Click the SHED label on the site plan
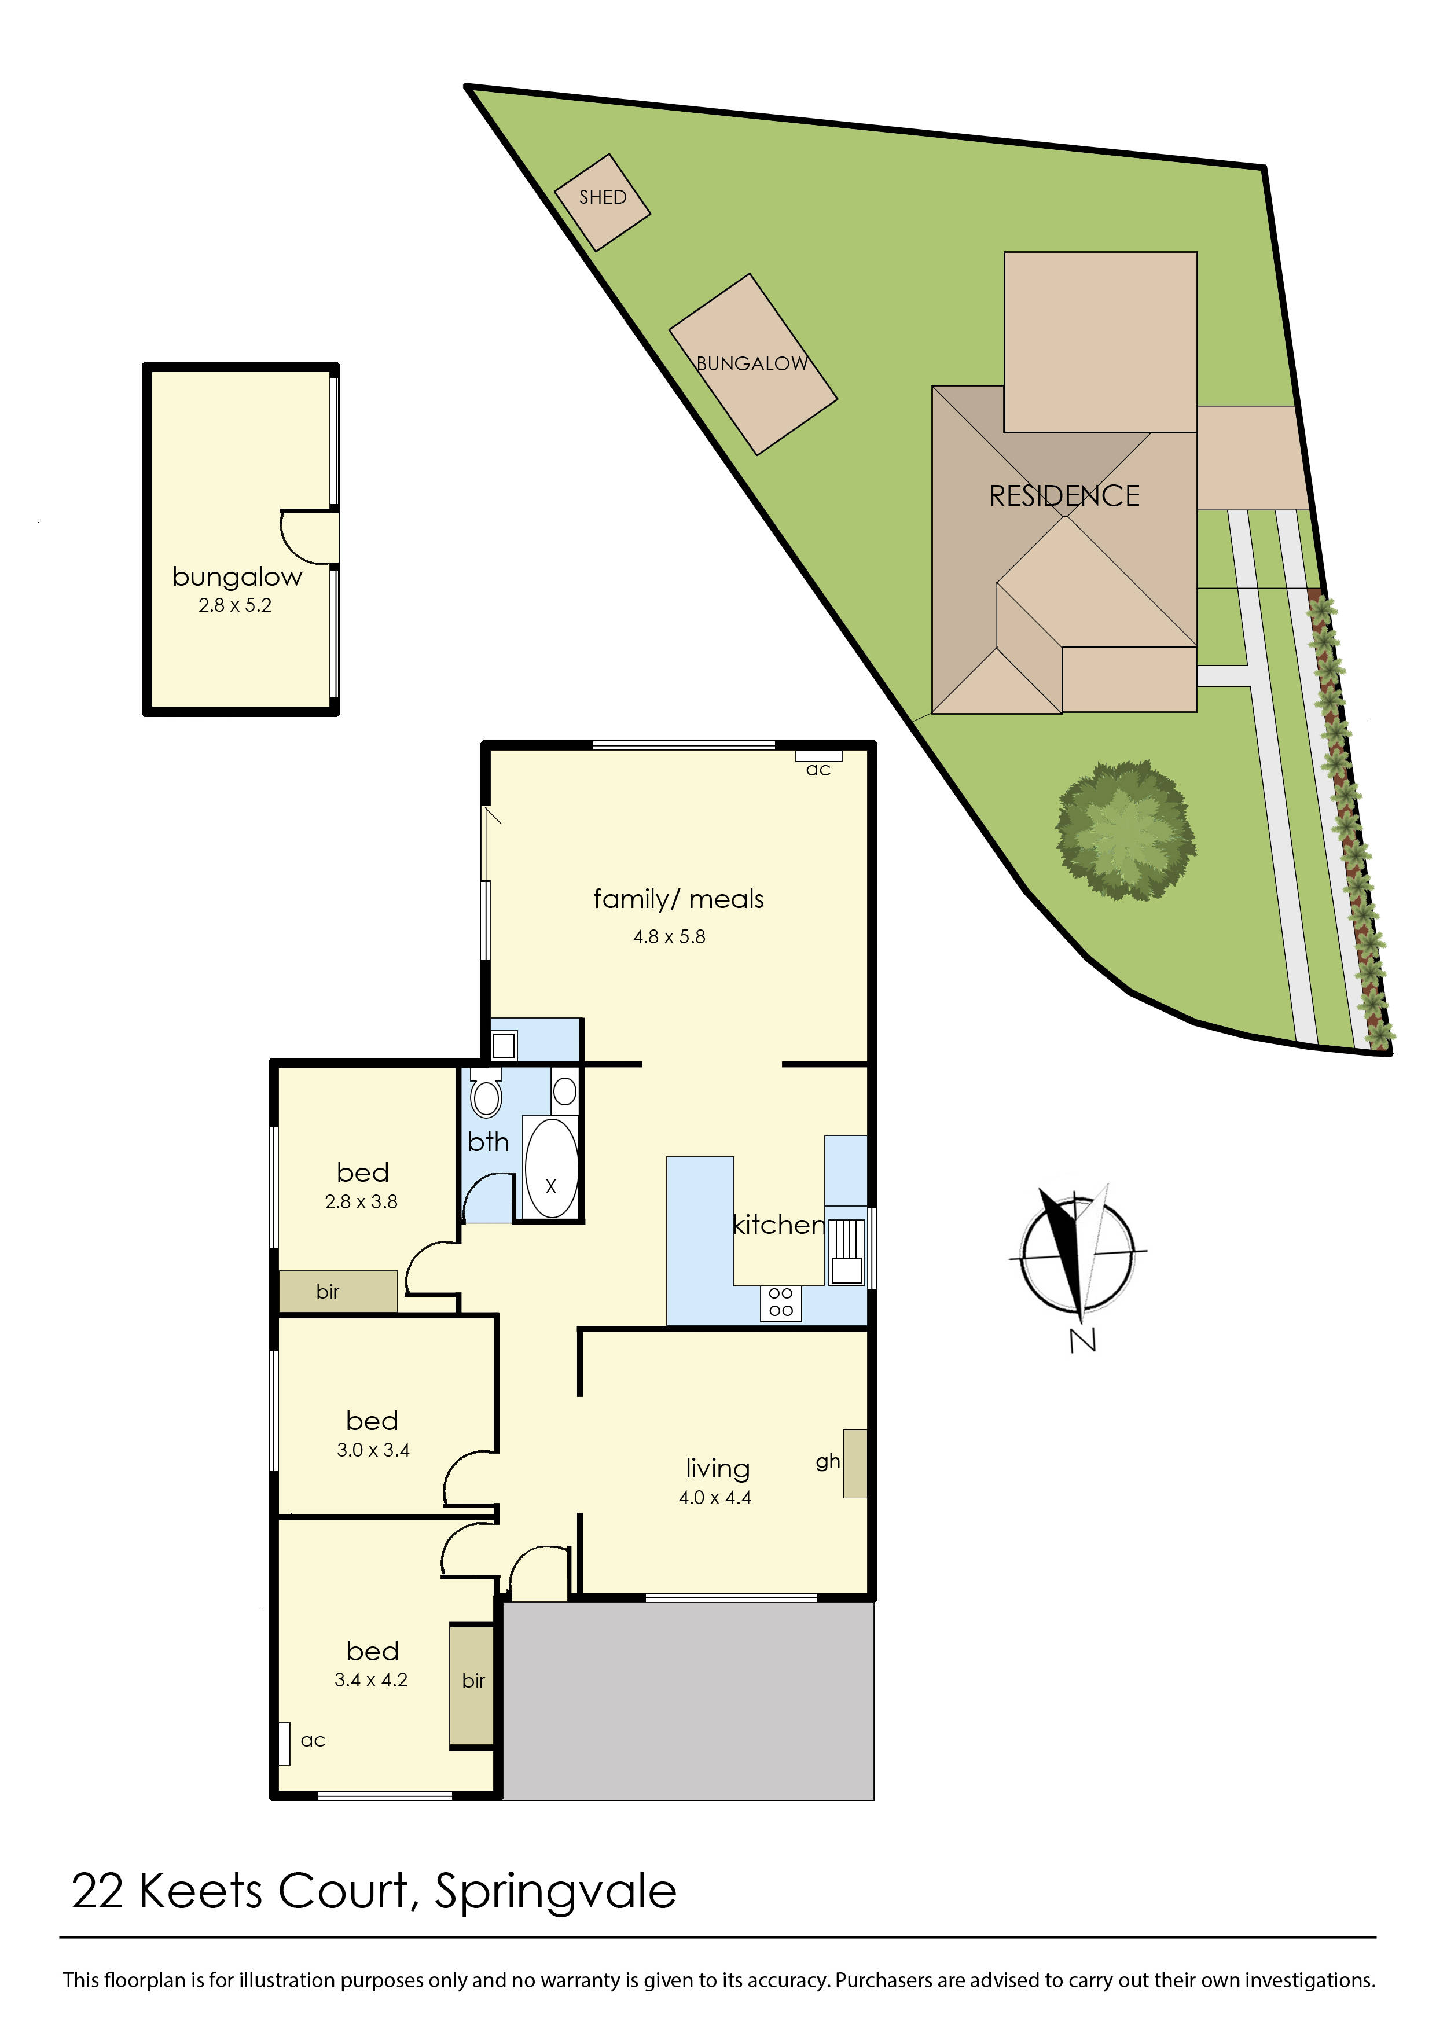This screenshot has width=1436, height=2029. pos(602,197)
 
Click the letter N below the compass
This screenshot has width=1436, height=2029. pos(1082,1340)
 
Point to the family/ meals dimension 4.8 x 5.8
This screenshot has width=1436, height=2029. pos(669,937)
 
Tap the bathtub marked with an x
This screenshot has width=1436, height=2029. pos(551,1168)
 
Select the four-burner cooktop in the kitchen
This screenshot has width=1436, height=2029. pos(780,1302)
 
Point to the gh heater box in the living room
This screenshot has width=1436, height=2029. pos(854,1463)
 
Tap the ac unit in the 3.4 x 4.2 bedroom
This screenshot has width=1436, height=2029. pos(284,1744)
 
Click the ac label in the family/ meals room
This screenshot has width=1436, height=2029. pos(818,770)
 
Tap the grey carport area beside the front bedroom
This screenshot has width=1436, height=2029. pos(688,1702)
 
